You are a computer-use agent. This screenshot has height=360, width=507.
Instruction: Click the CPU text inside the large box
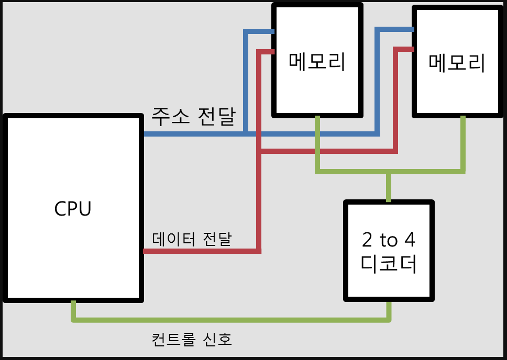pos(73,209)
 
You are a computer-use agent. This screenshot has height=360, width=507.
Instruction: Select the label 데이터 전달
pos(192,239)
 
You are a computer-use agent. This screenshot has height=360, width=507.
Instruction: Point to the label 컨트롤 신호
pos(191,340)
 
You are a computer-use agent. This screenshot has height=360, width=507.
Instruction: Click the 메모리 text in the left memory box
pos(317,61)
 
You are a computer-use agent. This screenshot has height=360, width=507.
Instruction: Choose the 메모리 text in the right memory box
pos(457,63)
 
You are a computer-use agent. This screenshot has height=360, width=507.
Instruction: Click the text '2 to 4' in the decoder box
pos(389,240)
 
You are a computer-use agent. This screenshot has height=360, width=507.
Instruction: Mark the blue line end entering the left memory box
pos(271,31)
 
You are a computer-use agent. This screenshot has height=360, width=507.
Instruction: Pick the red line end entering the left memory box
pos(271,51)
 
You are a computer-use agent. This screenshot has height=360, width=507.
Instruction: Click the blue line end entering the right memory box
pos(411,29)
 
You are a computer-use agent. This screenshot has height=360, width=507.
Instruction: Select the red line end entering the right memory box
pos(411,49)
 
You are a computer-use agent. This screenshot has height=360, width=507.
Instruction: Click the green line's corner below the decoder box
pos(389,319)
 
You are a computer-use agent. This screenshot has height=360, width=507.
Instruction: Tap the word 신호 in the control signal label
pos(217,340)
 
